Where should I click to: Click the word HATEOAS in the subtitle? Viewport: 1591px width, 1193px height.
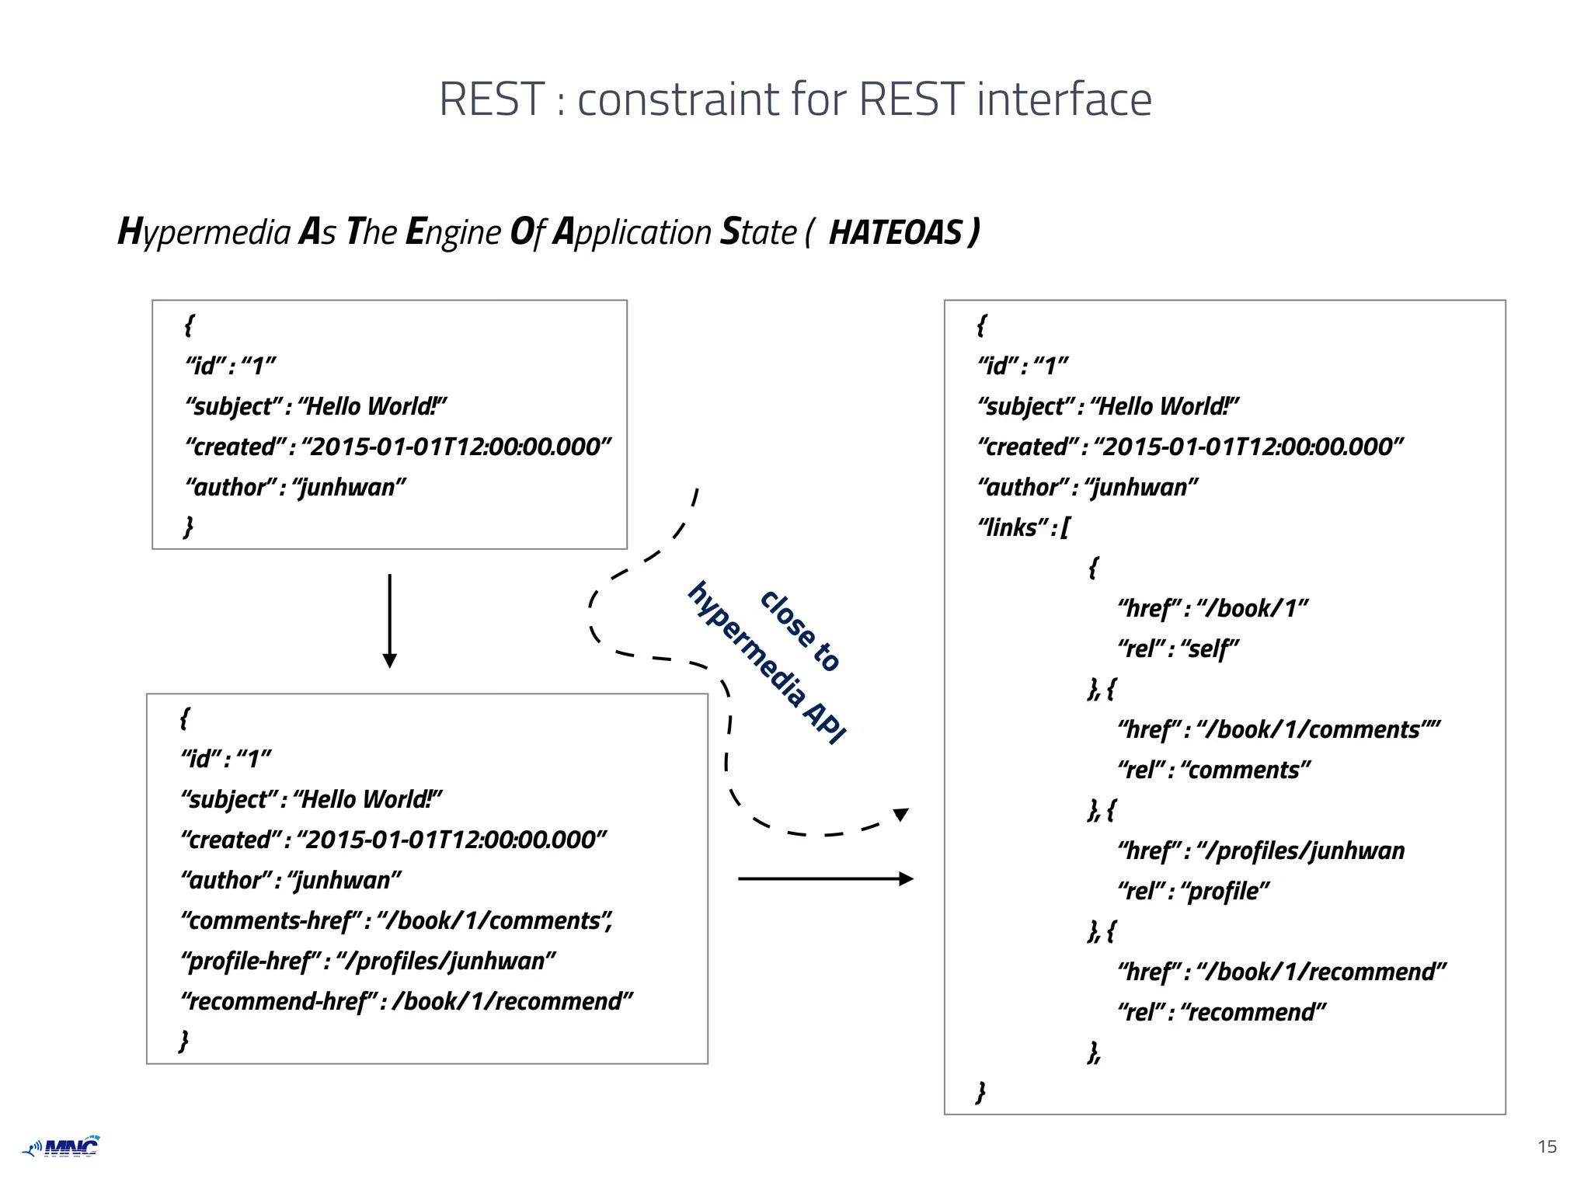tap(895, 233)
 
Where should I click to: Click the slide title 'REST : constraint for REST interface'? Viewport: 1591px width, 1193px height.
tap(795, 99)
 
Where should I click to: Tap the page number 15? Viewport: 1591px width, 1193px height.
tap(1547, 1146)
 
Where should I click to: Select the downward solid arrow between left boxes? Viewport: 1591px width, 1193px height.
tap(390, 621)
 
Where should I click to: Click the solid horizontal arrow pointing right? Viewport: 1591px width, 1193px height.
tap(825, 878)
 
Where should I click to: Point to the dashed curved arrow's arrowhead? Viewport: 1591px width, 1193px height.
tap(900, 815)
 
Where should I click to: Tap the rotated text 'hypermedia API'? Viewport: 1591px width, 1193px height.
tap(766, 663)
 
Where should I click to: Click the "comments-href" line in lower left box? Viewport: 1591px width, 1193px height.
tap(396, 921)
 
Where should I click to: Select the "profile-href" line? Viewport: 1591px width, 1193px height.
tap(368, 962)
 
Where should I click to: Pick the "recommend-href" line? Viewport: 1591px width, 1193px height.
tap(406, 1002)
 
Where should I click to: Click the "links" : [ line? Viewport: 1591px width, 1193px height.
tap(1023, 528)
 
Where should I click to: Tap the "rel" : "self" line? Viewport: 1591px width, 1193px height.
tap(1177, 649)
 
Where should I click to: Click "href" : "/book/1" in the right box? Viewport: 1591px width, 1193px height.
tap(1212, 608)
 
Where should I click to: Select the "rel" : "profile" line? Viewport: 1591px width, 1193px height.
tap(1192, 892)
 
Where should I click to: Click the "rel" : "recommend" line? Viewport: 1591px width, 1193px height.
tap(1220, 1013)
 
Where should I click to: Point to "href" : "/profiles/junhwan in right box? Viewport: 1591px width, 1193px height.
tap(1260, 851)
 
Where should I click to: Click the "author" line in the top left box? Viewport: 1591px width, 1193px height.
tap(295, 488)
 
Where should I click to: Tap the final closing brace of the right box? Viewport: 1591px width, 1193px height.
tap(980, 1092)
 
